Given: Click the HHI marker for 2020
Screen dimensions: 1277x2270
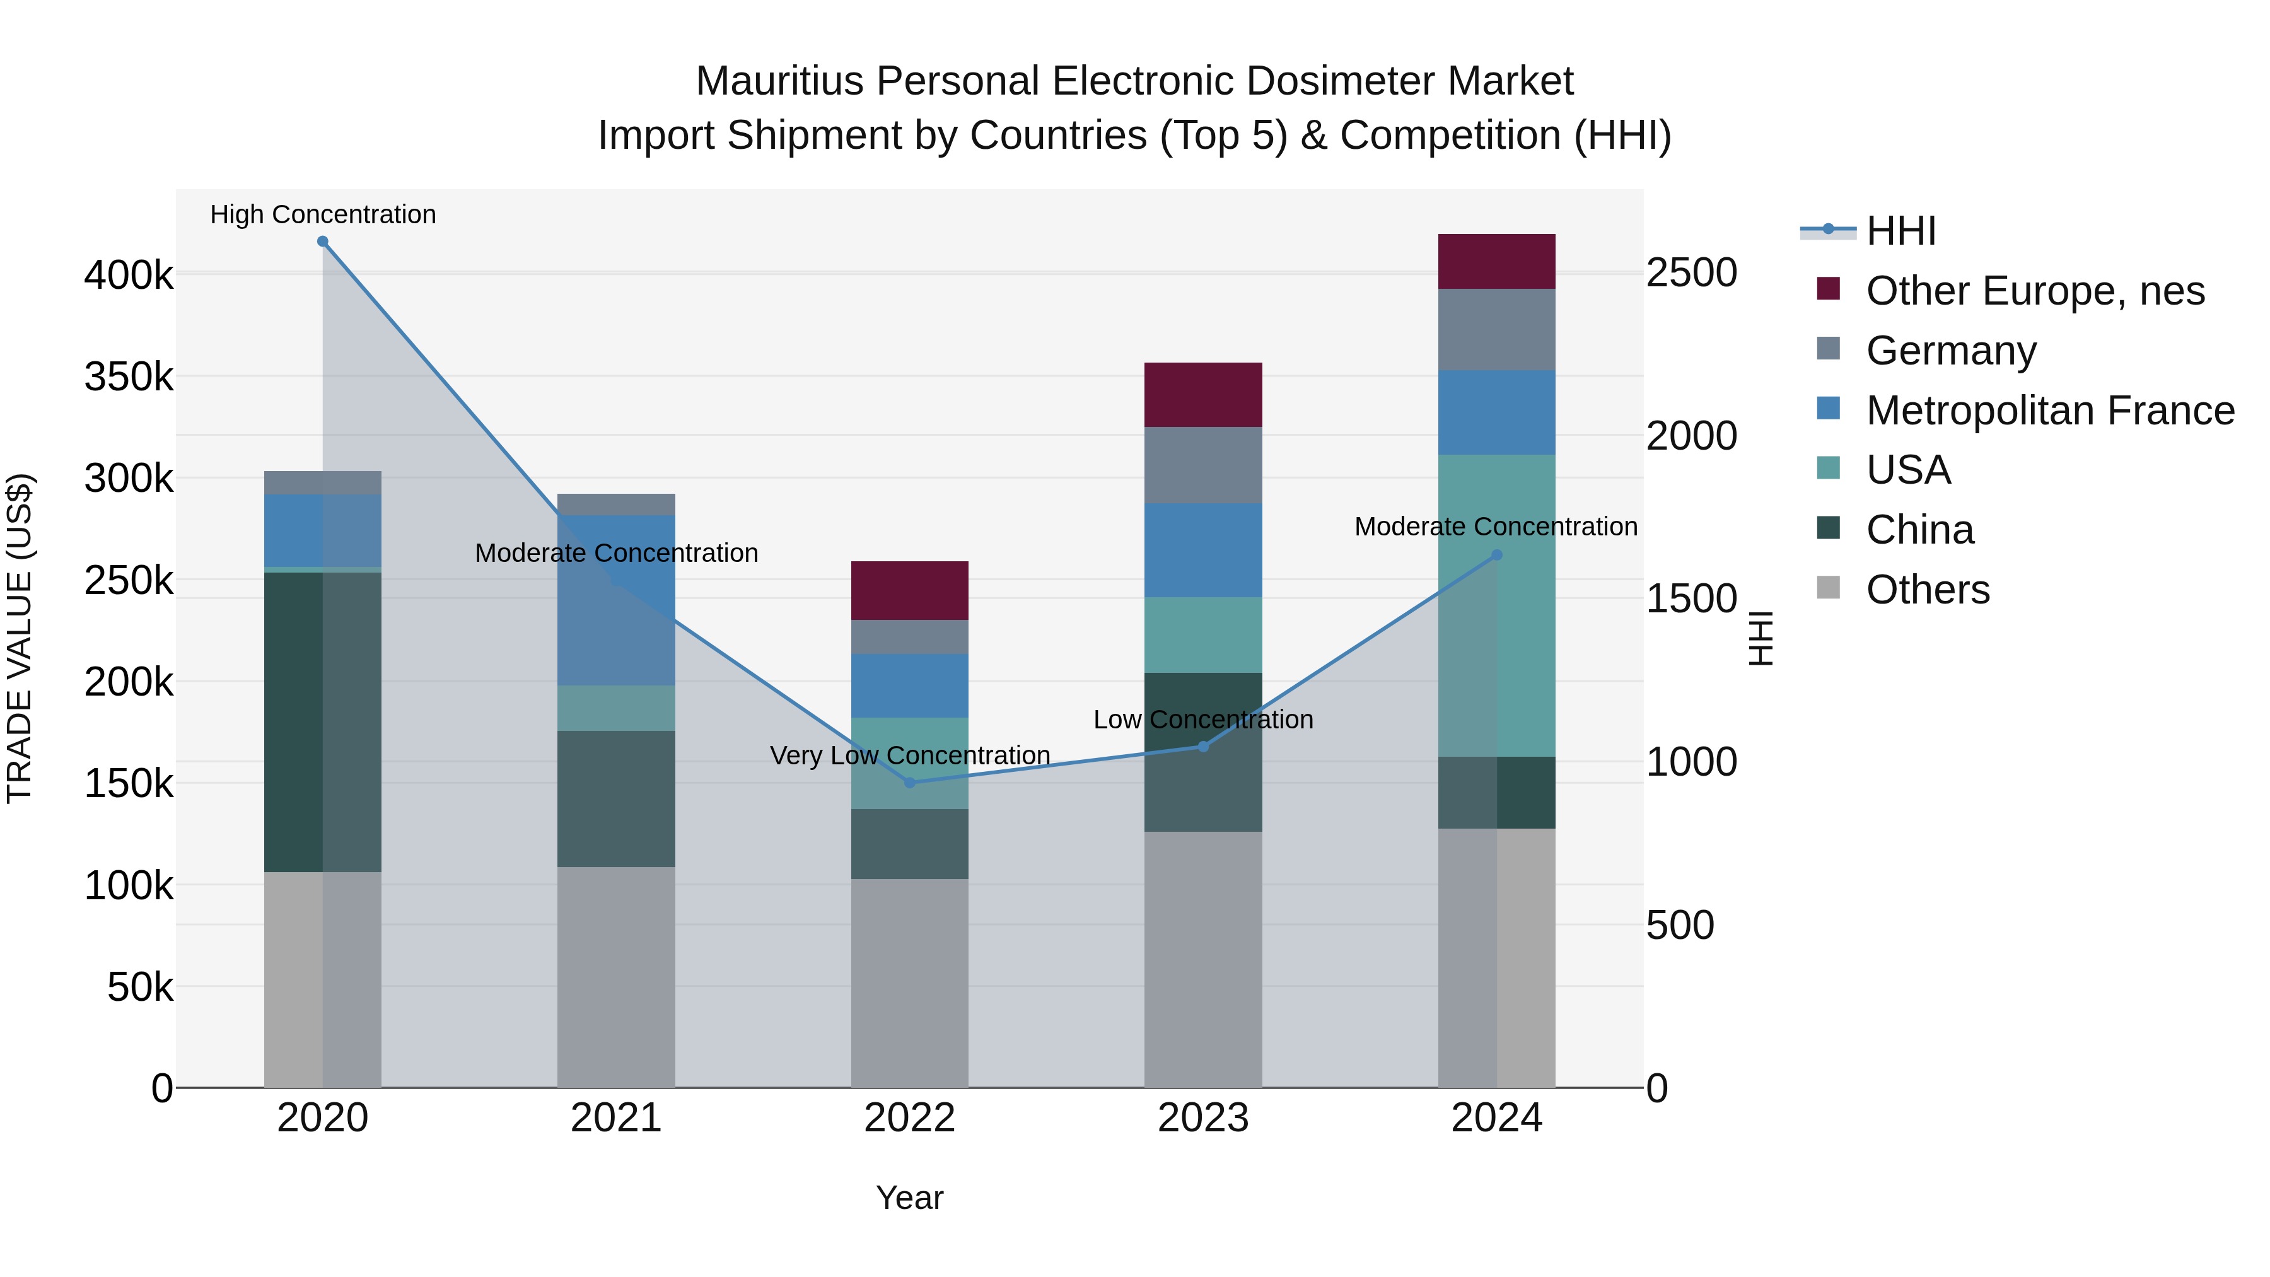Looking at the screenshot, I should point(322,242).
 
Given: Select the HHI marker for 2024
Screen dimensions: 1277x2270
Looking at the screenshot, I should point(1496,555).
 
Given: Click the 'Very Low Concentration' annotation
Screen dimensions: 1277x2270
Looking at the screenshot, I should point(909,756).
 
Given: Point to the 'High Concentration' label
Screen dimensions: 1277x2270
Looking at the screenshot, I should point(322,215).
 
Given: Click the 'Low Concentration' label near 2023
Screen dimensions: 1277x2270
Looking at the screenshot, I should point(1203,720).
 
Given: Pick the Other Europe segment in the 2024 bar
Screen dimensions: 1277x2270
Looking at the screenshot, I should point(1496,262).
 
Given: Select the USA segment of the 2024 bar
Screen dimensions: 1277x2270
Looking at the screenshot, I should point(1496,605).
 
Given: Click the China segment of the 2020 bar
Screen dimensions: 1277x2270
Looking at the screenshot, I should point(322,722).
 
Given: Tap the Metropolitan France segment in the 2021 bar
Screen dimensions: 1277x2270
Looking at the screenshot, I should point(616,600).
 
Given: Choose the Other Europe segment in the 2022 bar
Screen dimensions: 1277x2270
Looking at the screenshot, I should point(909,590).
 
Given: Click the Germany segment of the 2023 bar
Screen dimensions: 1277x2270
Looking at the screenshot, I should point(1203,465).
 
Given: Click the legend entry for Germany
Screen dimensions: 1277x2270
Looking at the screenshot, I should point(1951,351).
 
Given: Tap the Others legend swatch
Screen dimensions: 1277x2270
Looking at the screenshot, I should point(1829,588).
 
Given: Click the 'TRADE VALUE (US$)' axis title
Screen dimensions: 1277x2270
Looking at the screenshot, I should point(20,638).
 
